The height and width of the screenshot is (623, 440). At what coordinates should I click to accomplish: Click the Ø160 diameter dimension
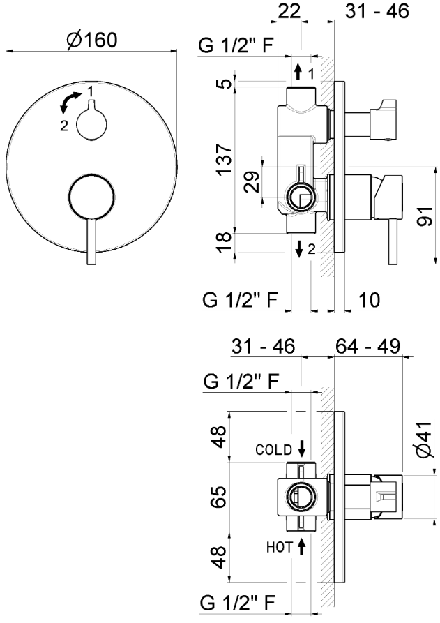(x=91, y=40)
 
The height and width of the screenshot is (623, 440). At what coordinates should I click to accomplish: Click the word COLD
(x=272, y=450)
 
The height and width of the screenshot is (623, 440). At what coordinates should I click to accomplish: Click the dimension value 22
(x=291, y=12)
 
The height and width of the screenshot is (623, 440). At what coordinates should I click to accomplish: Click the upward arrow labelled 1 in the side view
(x=298, y=73)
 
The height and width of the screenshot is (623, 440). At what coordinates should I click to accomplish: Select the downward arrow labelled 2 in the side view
(x=298, y=248)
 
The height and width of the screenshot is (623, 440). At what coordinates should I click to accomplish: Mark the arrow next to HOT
(x=301, y=546)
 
